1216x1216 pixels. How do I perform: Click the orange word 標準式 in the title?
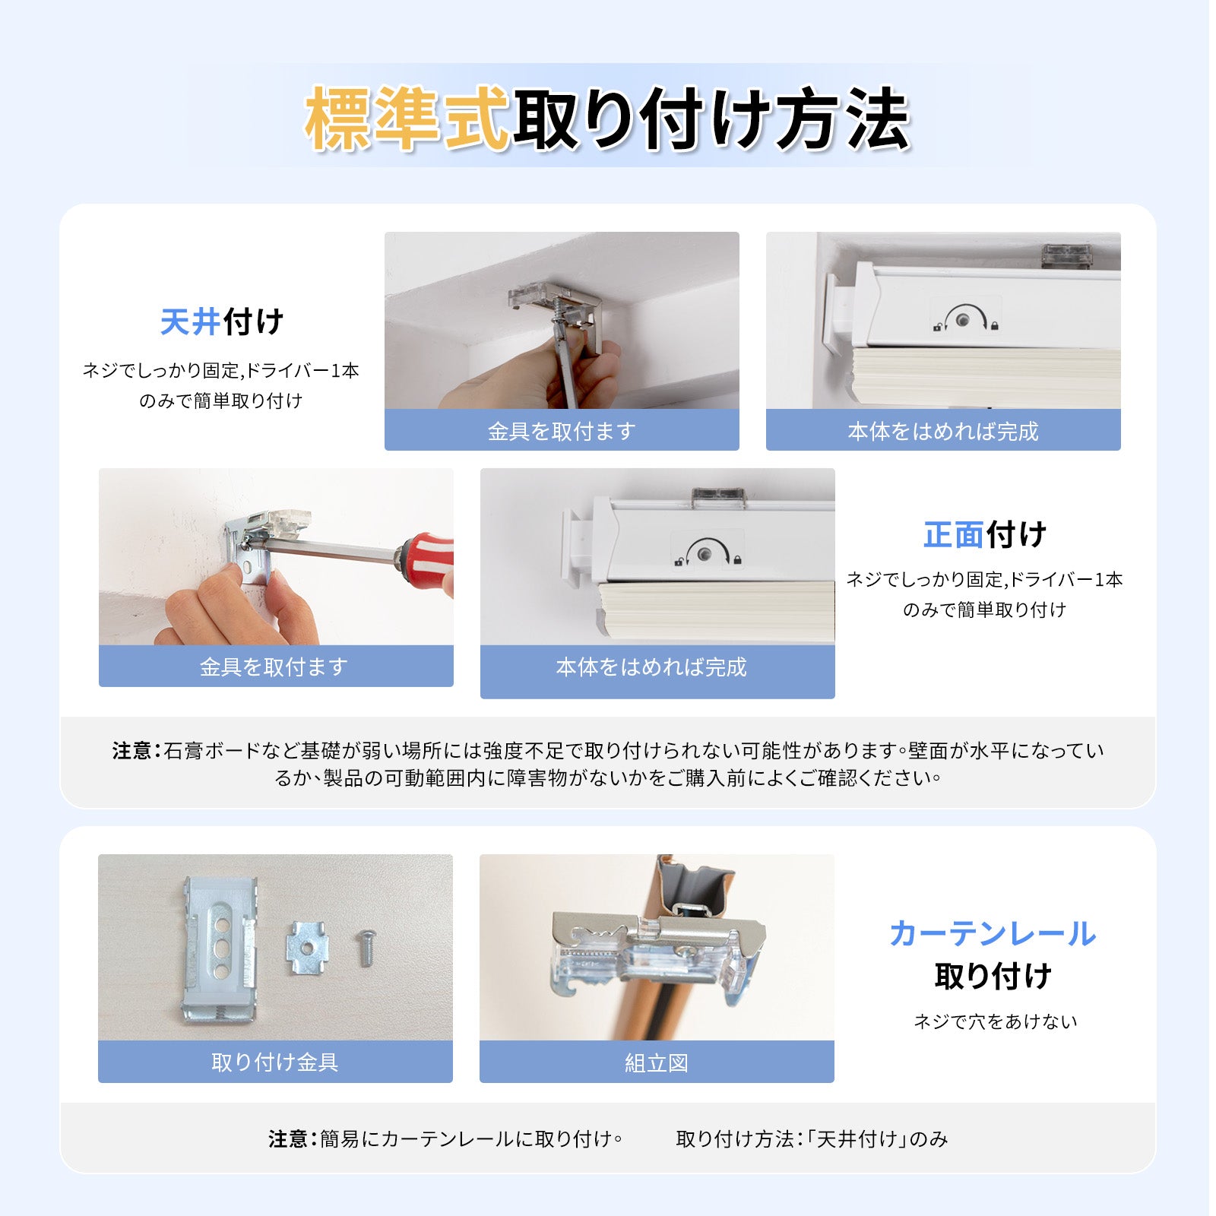407,118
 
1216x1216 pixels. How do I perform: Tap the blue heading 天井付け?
222,321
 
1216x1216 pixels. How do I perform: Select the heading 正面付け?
985,535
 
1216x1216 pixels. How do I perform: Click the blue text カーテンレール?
993,933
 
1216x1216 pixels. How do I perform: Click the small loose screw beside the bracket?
365,948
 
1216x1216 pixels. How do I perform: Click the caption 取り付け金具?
275,1062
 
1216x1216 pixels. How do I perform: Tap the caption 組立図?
657,1062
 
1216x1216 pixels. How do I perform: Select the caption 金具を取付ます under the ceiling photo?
562,431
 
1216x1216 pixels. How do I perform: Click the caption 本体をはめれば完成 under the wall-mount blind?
651,667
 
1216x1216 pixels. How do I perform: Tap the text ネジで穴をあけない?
996,1021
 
